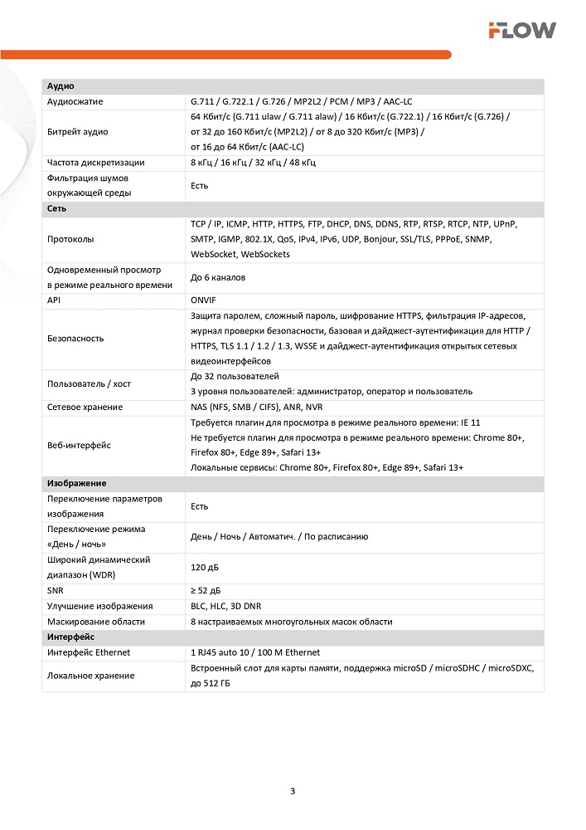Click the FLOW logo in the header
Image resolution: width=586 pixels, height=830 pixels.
(x=521, y=31)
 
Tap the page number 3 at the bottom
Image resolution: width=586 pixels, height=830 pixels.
(x=293, y=790)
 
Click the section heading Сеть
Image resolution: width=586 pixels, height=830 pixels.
(x=57, y=209)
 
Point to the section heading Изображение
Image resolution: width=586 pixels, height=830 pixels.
(x=76, y=483)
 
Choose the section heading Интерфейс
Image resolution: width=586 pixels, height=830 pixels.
(x=71, y=637)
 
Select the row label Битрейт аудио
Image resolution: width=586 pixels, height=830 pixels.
(x=77, y=132)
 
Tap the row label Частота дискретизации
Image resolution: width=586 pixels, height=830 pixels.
(x=95, y=163)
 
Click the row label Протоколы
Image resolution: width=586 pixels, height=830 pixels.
(x=70, y=239)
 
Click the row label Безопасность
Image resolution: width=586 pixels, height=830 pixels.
(x=75, y=339)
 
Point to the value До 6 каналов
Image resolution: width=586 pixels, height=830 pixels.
(x=218, y=277)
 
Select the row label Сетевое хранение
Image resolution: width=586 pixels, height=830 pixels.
(x=85, y=407)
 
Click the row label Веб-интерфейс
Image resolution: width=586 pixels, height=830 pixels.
(x=80, y=445)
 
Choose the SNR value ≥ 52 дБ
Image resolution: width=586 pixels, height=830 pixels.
(x=206, y=591)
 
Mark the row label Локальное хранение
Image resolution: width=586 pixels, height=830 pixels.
(x=90, y=676)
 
